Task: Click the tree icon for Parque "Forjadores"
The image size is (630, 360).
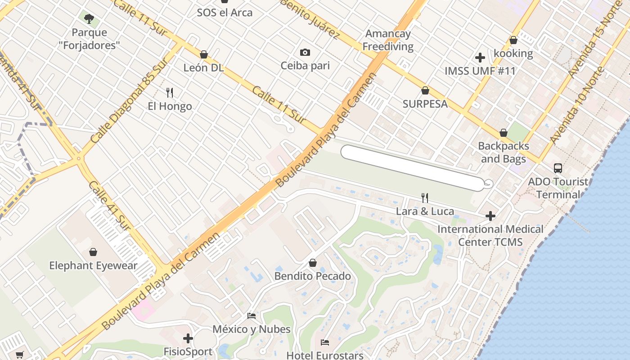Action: point(89,19)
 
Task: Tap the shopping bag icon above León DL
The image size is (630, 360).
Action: point(204,54)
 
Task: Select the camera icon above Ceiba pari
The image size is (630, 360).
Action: point(305,53)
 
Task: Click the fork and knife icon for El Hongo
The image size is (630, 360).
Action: point(170,93)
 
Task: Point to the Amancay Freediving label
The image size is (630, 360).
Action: point(387,40)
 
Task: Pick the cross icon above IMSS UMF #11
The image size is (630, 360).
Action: point(480,58)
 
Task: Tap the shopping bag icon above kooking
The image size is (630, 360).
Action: point(513,40)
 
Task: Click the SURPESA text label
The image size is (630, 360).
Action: point(425,104)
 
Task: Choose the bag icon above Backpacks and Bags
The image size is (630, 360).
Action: point(504,133)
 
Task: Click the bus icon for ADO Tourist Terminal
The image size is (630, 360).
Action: point(558,168)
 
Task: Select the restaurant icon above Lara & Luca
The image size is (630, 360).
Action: point(424,198)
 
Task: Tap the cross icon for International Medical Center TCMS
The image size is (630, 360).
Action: point(490,216)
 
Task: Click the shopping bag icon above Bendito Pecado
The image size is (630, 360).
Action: point(313,263)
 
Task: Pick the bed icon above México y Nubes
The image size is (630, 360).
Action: point(252,316)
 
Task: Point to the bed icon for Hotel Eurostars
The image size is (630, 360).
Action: point(325,342)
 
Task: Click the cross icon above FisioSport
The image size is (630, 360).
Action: point(188,338)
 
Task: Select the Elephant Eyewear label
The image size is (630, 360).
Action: point(93,265)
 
